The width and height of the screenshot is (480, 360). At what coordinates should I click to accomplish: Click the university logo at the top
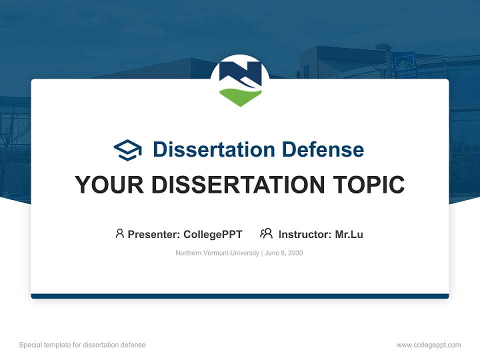[x=240, y=80]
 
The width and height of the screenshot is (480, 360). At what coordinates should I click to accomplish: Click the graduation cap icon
[x=127, y=149]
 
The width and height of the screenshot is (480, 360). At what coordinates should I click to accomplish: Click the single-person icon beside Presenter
[x=119, y=233]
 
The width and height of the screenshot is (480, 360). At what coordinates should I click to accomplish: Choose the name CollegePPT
[x=213, y=234]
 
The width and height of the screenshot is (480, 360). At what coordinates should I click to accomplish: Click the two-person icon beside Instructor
[x=266, y=233]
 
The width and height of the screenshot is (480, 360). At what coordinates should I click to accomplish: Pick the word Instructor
[x=304, y=234]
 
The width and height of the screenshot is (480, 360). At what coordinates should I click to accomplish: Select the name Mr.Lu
[x=349, y=234]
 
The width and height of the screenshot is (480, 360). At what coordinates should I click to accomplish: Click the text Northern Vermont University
[x=217, y=253]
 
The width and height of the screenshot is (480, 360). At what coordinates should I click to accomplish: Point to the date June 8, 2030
[x=284, y=253]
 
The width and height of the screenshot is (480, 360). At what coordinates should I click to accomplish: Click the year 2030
[x=295, y=253]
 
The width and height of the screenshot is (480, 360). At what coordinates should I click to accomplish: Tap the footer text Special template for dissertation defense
[x=82, y=345]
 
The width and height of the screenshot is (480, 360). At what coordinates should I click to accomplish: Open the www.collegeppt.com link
[x=428, y=345]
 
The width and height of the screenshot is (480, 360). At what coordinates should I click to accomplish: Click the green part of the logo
[x=240, y=96]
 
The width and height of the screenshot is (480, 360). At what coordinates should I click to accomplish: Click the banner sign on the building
[x=405, y=66]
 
